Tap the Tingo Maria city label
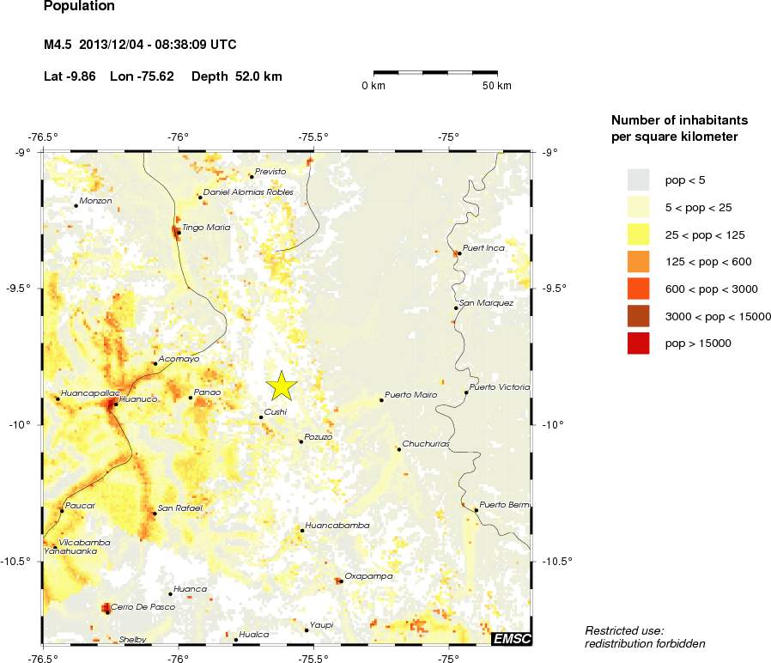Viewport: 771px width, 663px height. click(206, 228)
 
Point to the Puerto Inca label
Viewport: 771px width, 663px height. click(483, 248)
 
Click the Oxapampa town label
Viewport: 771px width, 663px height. click(368, 576)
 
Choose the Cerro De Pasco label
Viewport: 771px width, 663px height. click(143, 607)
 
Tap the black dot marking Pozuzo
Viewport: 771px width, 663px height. click(301, 441)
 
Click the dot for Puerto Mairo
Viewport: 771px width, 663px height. click(381, 400)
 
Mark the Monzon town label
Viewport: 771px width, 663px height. click(95, 201)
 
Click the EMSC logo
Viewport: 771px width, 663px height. click(512, 638)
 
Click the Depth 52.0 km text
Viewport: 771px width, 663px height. click(236, 76)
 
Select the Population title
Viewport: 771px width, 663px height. click(78, 7)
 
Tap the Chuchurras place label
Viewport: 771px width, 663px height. click(426, 444)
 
